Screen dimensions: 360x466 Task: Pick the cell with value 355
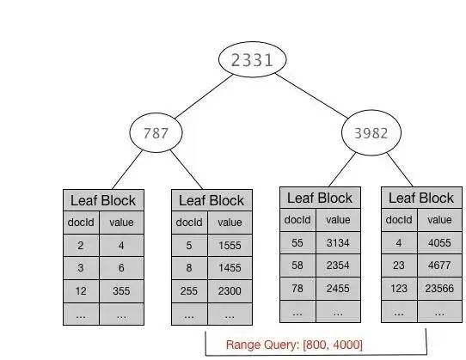click(120, 292)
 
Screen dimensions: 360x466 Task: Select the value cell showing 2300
click(230, 292)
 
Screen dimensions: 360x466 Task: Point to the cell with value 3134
click(337, 242)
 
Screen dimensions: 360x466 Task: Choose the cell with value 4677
click(439, 266)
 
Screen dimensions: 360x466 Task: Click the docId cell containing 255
click(188, 292)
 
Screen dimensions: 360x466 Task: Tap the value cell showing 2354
click(337, 266)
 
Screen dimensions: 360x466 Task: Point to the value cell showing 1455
click(230, 268)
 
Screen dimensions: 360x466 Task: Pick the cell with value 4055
click(439, 242)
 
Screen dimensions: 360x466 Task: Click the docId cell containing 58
click(297, 266)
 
